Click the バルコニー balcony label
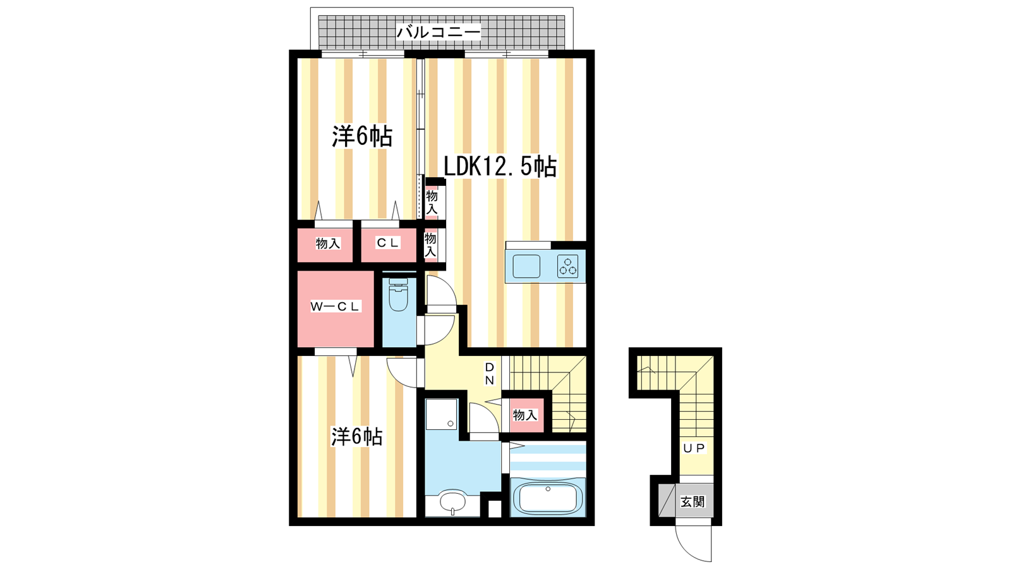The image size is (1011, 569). [439, 32]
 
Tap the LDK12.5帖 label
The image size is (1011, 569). [500, 167]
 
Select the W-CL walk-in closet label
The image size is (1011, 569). [335, 307]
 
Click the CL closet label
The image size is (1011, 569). [388, 243]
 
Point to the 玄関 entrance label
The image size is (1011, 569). [693, 502]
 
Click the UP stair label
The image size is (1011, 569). [694, 448]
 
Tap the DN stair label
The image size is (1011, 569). [490, 374]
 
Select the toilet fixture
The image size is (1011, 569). [398, 294]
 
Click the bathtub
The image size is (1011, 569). [548, 498]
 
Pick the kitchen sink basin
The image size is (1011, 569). [526, 266]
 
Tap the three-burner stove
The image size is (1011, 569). [568, 266]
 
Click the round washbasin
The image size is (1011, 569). [452, 501]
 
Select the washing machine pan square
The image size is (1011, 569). [442, 414]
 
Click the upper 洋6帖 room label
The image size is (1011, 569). [362, 136]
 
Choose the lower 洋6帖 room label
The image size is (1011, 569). [357, 437]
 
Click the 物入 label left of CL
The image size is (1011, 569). [328, 243]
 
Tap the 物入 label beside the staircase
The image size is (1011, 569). [525, 415]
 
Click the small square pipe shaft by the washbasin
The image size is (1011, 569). [495, 508]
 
